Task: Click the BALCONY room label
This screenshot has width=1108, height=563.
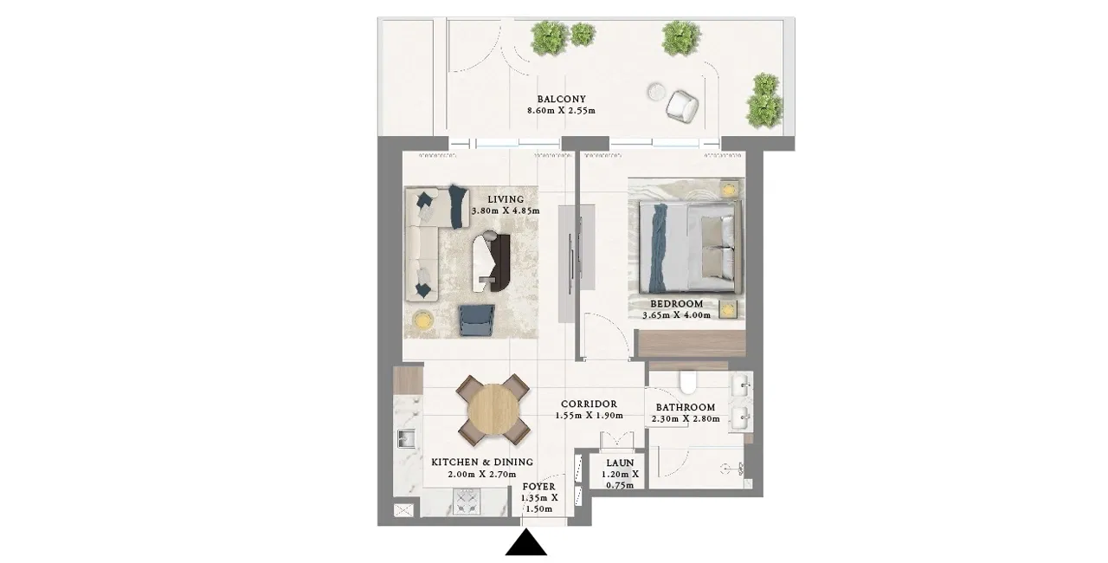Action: point(562,100)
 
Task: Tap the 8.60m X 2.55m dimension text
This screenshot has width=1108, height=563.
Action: point(562,111)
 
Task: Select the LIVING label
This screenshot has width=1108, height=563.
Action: point(506,199)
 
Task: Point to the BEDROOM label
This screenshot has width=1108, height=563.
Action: point(677,304)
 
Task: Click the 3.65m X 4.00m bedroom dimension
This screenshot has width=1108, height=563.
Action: point(677,315)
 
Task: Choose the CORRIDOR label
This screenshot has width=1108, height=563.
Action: point(589,404)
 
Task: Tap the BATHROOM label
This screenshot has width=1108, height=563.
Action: point(686,407)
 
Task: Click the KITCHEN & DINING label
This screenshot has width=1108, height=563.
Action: point(482,462)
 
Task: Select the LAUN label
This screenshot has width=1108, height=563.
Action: point(621,463)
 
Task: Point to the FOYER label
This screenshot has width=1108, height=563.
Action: point(539,487)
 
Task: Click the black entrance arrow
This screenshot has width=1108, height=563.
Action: point(525,543)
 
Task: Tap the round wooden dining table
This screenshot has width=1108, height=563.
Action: point(493,410)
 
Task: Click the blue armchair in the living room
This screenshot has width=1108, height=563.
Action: point(477,320)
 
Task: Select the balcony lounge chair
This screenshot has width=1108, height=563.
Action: point(682,106)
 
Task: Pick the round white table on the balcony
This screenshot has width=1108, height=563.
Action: point(657,92)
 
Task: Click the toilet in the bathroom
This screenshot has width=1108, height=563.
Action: point(688,381)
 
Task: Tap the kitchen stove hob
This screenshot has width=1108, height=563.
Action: point(467,502)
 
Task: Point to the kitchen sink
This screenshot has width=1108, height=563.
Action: point(406,438)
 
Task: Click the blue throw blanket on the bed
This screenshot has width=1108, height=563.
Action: point(659,248)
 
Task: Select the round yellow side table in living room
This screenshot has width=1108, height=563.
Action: point(423,320)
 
